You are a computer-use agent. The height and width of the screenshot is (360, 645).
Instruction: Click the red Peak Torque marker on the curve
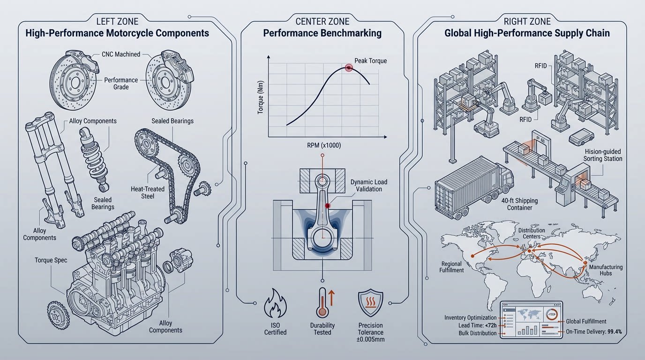(x=348, y=67)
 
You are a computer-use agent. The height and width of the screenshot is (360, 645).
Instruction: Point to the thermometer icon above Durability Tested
(x=321, y=304)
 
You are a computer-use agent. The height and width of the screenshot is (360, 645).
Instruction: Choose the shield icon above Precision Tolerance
(x=370, y=304)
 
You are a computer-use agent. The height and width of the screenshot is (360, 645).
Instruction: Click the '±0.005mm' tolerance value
(x=370, y=339)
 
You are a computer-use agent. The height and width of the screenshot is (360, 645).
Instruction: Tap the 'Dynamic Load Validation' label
(x=369, y=186)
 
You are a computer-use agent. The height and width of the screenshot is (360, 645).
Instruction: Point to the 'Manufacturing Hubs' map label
(x=606, y=270)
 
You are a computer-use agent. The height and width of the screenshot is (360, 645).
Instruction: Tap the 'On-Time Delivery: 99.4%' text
(x=594, y=332)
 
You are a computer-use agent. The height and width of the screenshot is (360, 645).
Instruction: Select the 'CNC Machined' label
(x=120, y=54)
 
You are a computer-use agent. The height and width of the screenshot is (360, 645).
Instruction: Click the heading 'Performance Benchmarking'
(x=322, y=33)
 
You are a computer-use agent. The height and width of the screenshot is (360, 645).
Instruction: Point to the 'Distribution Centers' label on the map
(x=532, y=233)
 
